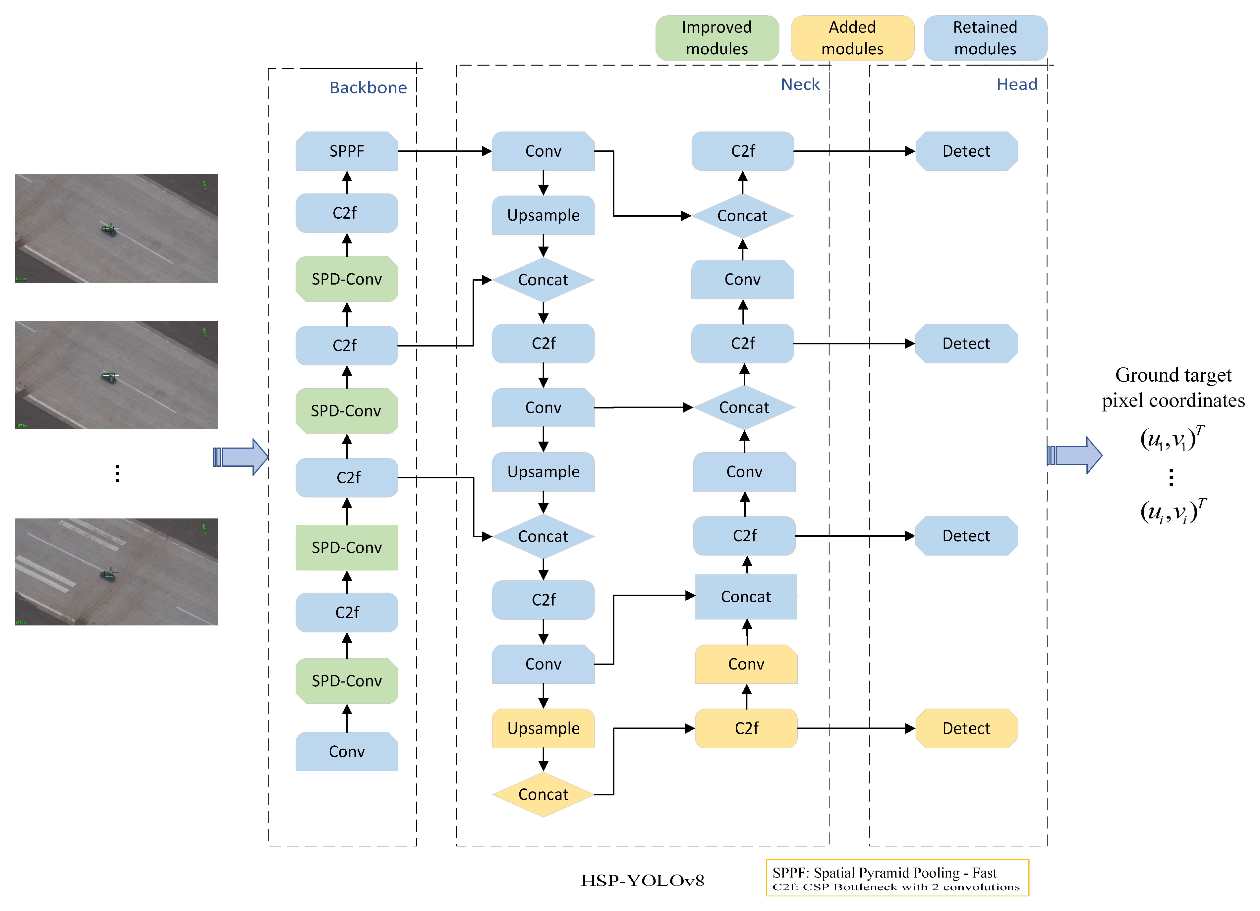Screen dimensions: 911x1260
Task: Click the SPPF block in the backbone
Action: coord(347,151)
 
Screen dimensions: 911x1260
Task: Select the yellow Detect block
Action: coord(966,728)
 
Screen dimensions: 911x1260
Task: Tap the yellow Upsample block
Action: coord(543,728)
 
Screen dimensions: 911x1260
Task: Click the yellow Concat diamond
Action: coord(543,794)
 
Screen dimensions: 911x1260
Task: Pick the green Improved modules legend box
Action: coord(717,38)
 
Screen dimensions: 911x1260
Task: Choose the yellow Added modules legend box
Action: coord(852,38)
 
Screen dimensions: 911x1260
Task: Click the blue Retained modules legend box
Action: coord(985,38)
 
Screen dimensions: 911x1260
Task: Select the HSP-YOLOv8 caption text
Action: coord(642,881)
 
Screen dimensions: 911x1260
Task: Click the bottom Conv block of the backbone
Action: coord(347,752)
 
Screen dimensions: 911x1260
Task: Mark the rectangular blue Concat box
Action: coord(746,597)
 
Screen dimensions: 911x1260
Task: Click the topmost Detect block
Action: coord(966,151)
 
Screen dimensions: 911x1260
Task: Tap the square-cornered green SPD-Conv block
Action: coord(347,548)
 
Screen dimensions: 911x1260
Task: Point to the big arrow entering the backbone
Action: coord(242,456)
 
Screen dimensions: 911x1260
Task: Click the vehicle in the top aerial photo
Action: coord(109,230)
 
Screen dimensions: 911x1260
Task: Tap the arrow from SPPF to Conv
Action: coord(444,151)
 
